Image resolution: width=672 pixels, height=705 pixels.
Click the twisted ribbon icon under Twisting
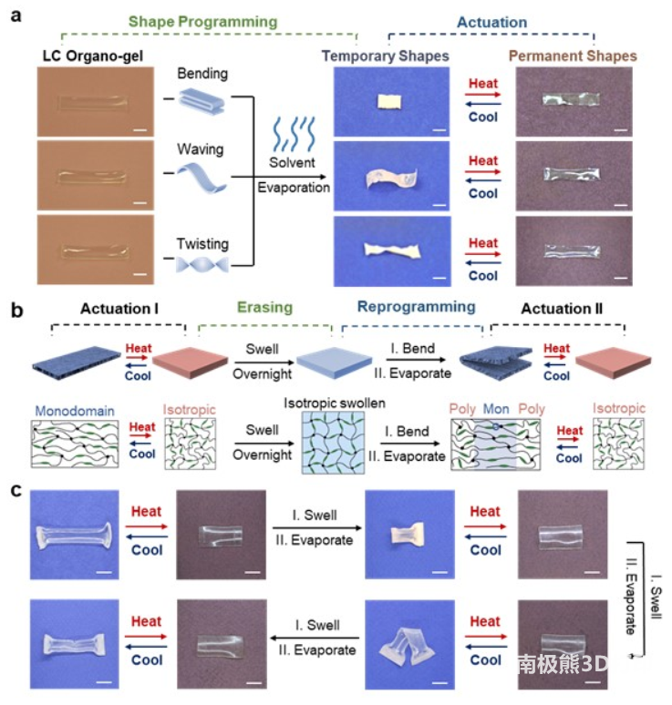tap(205, 264)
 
